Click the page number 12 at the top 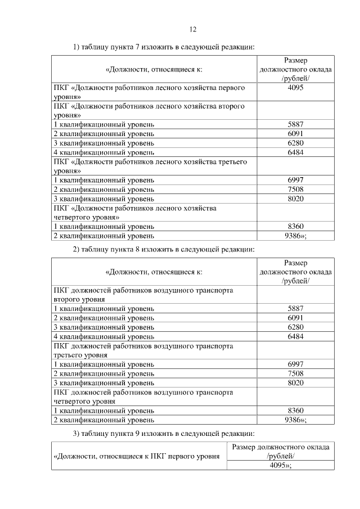192,29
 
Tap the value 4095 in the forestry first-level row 295,88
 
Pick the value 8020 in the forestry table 295,199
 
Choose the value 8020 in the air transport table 295,382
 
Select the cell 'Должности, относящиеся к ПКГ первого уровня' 136,456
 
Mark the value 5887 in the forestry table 295,125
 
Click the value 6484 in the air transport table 295,336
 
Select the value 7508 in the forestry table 295,190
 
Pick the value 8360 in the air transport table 295,410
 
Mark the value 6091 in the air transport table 295,318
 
